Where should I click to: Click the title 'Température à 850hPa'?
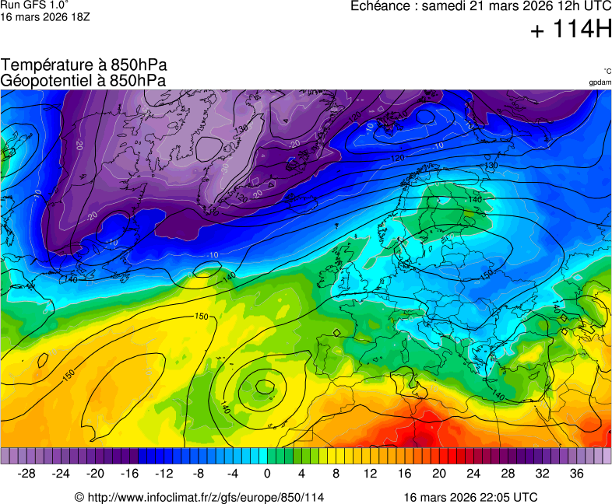[x=84, y=65]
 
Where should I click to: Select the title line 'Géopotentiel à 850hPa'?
[x=83, y=80]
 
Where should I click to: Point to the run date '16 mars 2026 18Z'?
[x=45, y=16]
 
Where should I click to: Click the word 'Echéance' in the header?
[x=379, y=6]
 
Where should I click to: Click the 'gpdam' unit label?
[x=600, y=82]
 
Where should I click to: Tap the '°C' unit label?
[x=607, y=71]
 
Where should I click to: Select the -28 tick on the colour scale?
[x=26, y=474]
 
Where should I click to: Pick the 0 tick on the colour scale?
[x=267, y=474]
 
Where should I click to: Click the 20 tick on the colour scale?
[x=439, y=474]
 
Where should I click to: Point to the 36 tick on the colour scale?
[x=576, y=474]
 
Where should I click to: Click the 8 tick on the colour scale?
[x=336, y=474]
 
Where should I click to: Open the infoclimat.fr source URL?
[x=205, y=497]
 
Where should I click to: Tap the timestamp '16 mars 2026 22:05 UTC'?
[x=470, y=497]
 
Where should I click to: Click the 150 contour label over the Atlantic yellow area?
[x=202, y=317]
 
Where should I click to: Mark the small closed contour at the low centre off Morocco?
[x=265, y=384]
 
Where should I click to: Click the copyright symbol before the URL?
[x=79, y=497]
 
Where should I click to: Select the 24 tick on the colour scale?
[x=473, y=474]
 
